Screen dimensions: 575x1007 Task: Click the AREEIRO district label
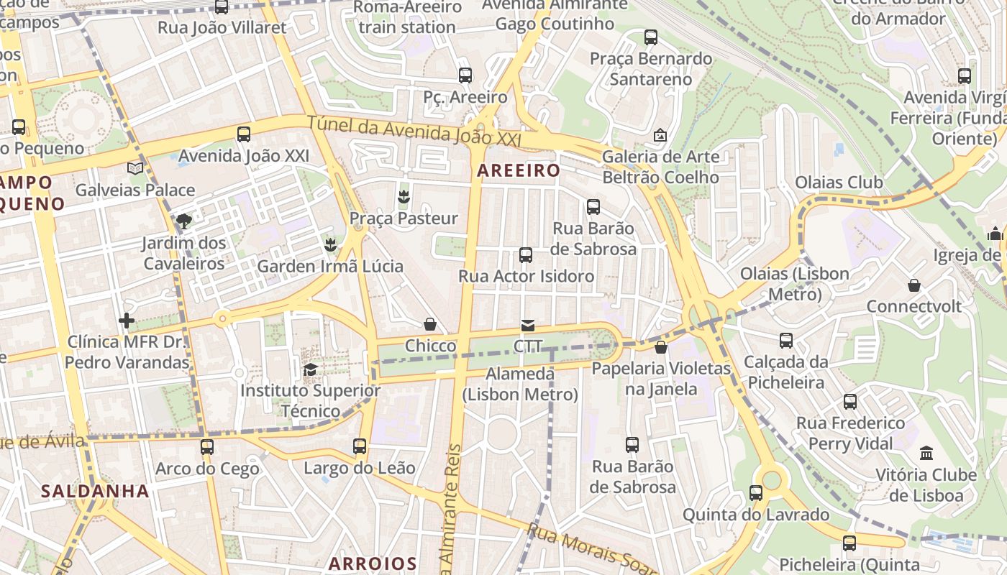[x=518, y=170]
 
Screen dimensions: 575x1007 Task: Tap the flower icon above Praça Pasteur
[x=404, y=196]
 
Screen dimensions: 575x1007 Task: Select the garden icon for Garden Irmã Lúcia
[x=330, y=244]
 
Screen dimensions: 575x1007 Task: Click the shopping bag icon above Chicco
[x=430, y=324]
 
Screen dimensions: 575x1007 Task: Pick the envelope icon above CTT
[x=528, y=326]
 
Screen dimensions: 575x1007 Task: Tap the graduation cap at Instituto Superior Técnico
[x=310, y=369]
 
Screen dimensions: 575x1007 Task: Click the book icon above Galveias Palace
[x=135, y=168]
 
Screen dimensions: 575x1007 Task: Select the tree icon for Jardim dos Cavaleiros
[x=184, y=221]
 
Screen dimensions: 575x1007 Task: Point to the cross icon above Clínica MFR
[x=127, y=320]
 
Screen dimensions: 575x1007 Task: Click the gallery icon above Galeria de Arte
[x=660, y=134]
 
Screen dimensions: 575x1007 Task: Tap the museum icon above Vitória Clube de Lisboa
[x=926, y=454]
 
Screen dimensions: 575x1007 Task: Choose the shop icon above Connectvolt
[x=913, y=285]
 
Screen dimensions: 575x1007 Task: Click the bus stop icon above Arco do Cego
[x=207, y=447]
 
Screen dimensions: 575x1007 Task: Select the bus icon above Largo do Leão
[x=360, y=446]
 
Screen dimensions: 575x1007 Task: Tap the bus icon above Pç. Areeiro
[x=465, y=75]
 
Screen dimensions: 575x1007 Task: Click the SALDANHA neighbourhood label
[x=95, y=492]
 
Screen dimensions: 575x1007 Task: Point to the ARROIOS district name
[x=373, y=563]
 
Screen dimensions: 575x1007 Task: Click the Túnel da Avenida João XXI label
[x=414, y=132]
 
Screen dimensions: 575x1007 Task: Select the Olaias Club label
[x=839, y=183]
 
